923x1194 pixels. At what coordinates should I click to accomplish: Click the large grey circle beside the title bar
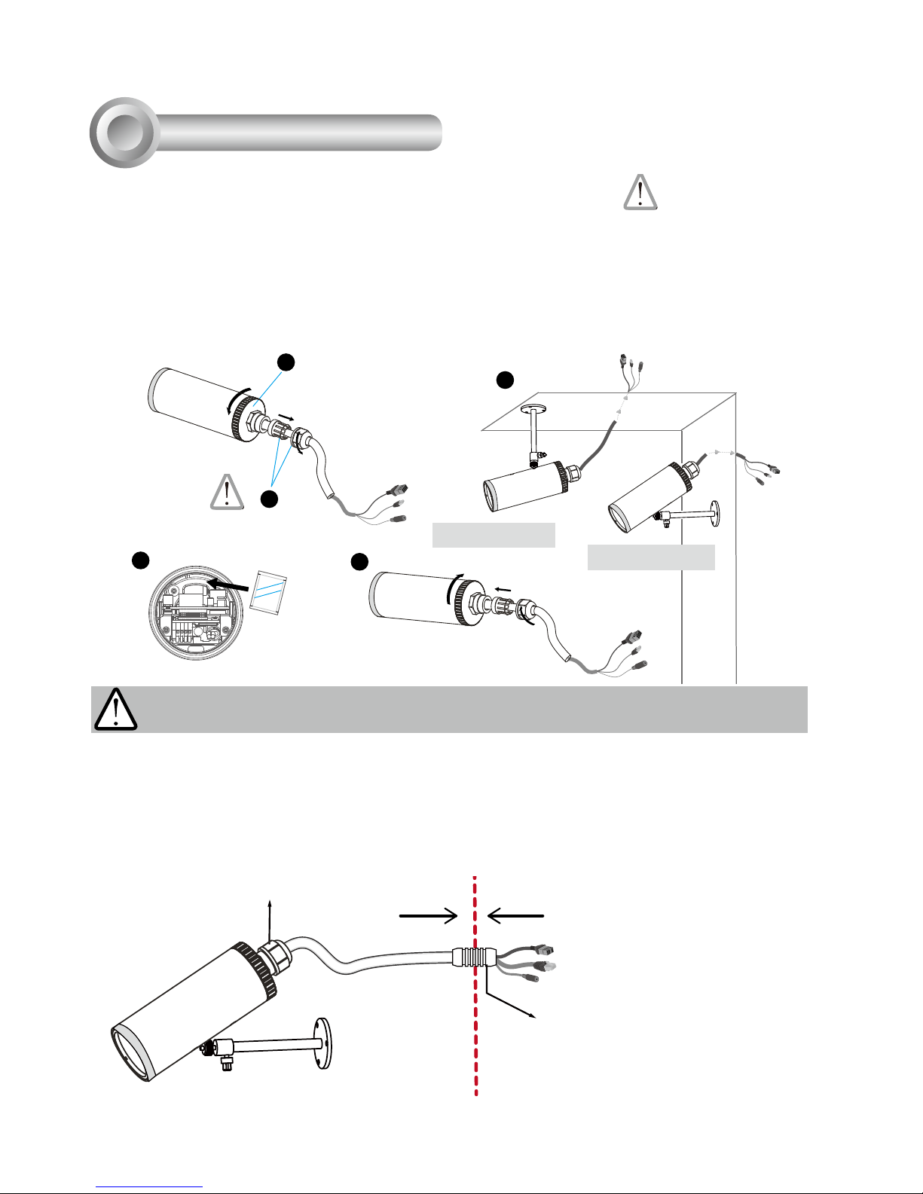124,133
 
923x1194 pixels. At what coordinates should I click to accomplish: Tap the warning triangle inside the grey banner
115,710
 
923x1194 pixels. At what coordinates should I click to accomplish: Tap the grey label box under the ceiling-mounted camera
494,534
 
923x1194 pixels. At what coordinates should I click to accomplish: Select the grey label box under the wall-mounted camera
650,557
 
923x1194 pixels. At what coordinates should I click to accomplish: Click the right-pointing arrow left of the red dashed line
428,916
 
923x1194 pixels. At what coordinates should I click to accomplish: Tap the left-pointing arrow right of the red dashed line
516,916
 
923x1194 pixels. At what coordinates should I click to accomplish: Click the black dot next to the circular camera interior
139,560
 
